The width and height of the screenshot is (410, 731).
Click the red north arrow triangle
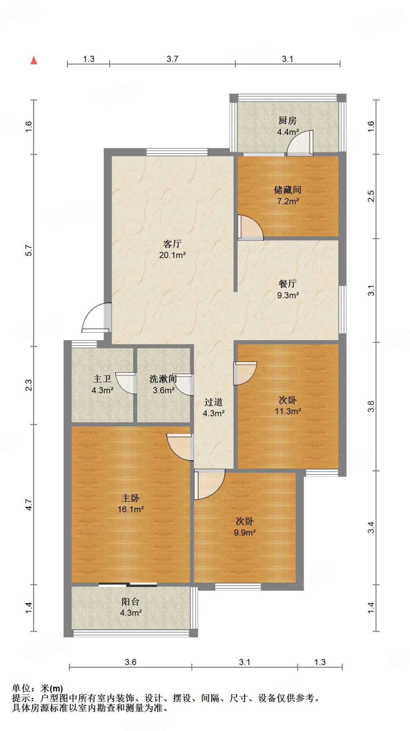[34, 60]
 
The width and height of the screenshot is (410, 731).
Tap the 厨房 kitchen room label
[287, 121]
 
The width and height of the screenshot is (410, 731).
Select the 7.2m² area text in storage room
[288, 201]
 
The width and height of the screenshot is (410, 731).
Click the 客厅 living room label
[172, 244]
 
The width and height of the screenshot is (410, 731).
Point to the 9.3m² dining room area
[288, 295]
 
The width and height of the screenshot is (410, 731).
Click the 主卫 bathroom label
[102, 379]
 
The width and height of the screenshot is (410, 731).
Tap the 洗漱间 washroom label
[163, 379]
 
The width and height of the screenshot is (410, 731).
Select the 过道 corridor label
[213, 402]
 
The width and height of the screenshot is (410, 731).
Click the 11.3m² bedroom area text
[288, 411]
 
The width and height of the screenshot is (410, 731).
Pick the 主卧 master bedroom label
[131, 498]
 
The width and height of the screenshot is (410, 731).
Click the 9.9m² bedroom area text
[244, 533]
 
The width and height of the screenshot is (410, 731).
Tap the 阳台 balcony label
[131, 602]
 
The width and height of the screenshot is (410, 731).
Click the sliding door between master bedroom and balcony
[128, 585]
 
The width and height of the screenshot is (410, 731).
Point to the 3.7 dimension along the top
[172, 59]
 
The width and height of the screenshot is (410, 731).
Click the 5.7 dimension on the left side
[29, 250]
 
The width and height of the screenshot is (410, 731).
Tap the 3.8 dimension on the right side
[371, 406]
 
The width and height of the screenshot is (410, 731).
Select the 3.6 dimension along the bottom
[131, 662]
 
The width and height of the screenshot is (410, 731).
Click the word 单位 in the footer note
[21, 688]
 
